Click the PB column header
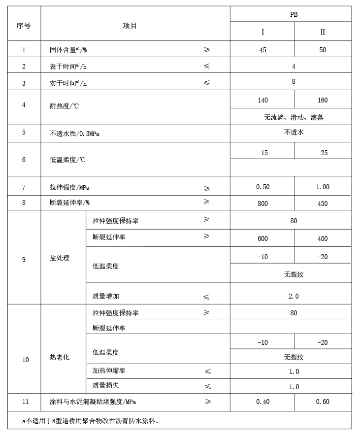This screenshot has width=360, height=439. point(294,15)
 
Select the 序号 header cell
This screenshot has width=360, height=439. point(23,26)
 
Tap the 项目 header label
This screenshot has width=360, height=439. point(130,26)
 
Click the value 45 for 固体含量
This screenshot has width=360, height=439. point(262,50)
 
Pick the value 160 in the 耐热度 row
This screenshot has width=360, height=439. point(323,101)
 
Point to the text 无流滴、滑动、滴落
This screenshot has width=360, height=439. point(294,117)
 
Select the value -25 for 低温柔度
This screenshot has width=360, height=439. point(323,153)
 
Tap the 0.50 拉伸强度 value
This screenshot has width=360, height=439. point(262,187)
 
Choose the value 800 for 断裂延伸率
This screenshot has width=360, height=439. point(262,203)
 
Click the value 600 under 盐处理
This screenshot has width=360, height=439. point(262,239)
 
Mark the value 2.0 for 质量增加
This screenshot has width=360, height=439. point(294,297)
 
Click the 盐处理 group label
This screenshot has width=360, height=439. point(60,258)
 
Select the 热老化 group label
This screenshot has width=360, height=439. point(60,357)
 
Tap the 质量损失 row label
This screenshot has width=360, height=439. point(105,386)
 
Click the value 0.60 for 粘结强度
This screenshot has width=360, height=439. point(323,402)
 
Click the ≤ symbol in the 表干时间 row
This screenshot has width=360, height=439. point(206,66)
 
